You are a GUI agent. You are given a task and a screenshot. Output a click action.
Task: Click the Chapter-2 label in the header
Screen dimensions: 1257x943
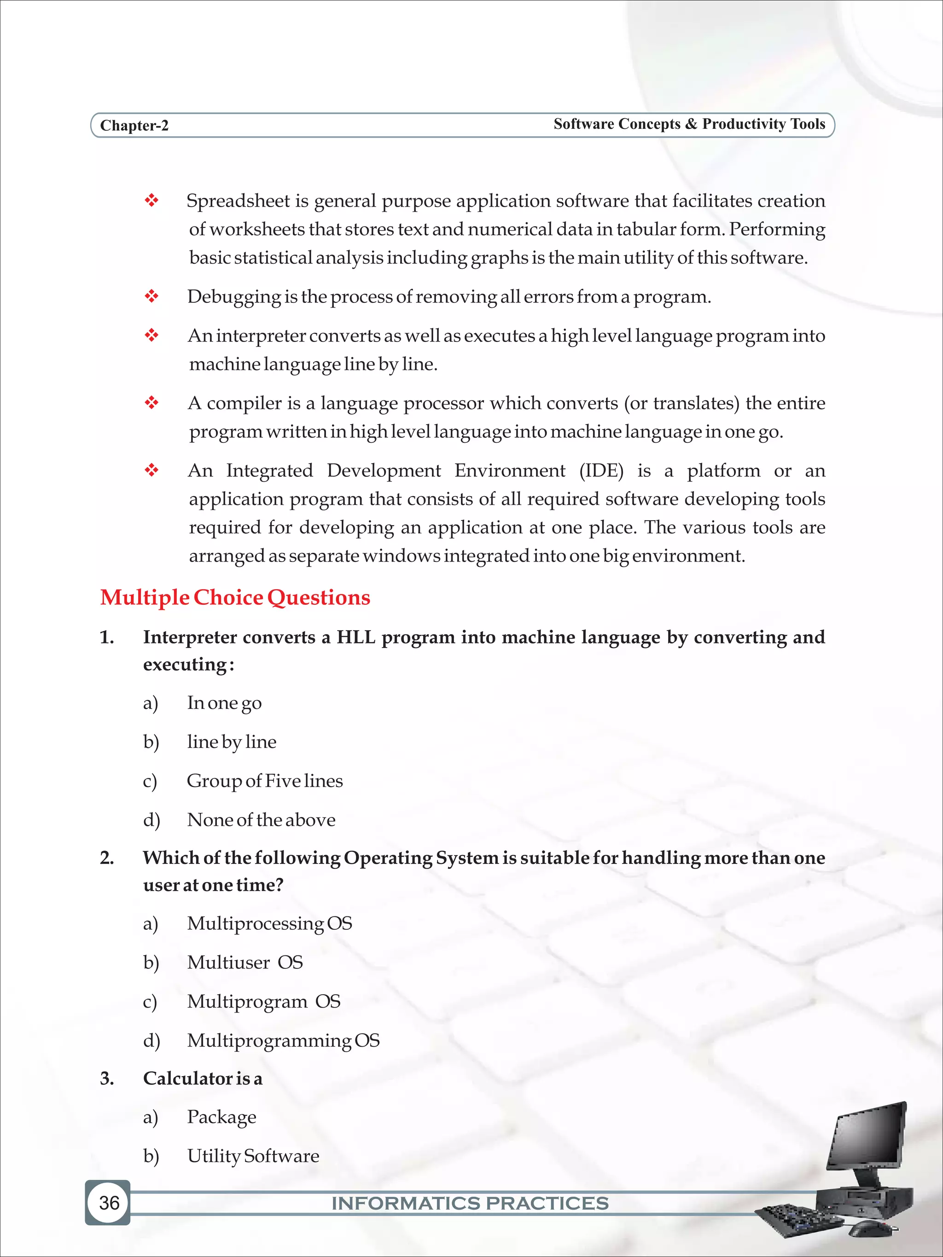tap(134, 126)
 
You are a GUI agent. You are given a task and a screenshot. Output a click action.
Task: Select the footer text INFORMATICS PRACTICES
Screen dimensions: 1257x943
tap(470, 1204)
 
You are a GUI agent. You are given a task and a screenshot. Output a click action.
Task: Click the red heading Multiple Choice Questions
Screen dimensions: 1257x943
tap(235, 598)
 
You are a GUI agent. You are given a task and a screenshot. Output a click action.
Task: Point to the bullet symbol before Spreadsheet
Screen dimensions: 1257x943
tap(151, 201)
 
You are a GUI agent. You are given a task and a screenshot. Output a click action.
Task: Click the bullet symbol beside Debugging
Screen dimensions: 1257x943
tap(151, 296)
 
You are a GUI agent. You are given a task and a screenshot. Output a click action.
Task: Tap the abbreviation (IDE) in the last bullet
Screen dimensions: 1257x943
tap(601, 470)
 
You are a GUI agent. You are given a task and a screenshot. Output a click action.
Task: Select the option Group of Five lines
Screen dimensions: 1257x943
tap(264, 781)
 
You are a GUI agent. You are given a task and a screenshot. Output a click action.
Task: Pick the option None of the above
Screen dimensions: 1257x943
tap(261, 819)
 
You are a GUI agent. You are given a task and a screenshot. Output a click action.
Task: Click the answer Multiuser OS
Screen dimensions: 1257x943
tap(245, 962)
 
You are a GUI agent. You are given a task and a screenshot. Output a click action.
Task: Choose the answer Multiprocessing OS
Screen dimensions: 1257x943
tap(269, 923)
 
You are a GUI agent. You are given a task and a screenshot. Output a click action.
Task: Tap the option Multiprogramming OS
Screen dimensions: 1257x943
tap(283, 1041)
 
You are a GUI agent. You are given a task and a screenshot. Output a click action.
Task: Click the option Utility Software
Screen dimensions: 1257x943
tap(253, 1156)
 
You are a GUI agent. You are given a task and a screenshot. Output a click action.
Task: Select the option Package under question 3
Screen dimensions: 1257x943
tap(221, 1117)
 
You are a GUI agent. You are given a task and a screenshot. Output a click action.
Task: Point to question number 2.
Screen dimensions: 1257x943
tap(107, 857)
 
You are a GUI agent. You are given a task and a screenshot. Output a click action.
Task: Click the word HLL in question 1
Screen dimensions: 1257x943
tap(356, 637)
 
